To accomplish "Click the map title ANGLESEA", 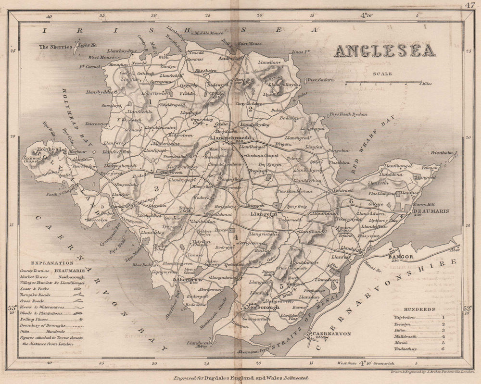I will tap(385, 50).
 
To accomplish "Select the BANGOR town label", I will tap(401, 257).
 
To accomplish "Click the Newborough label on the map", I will tap(264, 307).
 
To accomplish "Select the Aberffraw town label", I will tap(190, 279).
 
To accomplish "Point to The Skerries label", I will tap(55, 47).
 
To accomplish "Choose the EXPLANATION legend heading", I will tap(52, 263).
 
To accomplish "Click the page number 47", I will tap(470, 5).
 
